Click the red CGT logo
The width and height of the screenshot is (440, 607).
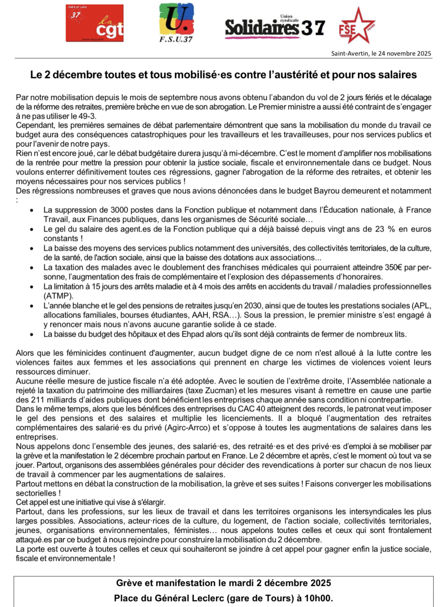(x=94, y=23)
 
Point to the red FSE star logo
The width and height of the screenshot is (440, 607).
(x=356, y=25)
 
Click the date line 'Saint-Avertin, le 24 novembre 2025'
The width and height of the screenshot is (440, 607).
(x=381, y=53)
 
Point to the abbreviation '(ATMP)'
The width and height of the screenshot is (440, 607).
(x=58, y=296)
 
